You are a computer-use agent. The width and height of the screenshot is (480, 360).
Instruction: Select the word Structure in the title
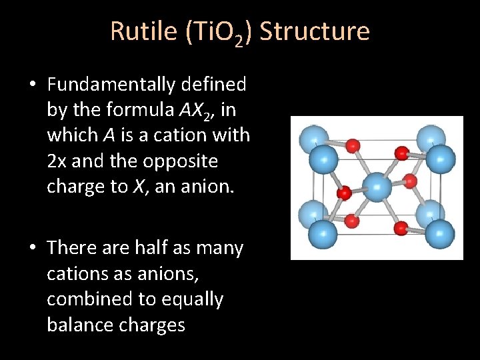314,31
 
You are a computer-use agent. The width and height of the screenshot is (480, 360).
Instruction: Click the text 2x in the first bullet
57,161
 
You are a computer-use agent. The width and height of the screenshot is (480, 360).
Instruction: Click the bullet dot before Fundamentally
32,85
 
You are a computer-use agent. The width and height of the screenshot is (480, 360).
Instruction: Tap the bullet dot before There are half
32,249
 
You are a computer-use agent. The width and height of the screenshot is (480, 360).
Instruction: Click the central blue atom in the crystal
377,187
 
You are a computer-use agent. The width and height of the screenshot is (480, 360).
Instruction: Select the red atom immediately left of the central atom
344,193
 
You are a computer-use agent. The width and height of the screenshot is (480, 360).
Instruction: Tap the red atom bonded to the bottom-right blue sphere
401,229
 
